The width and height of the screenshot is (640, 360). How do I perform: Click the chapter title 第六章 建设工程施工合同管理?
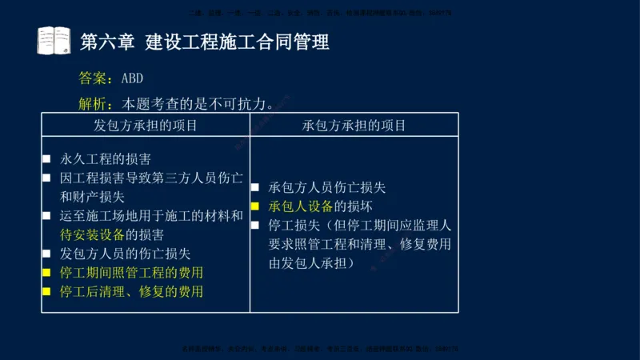[205, 42]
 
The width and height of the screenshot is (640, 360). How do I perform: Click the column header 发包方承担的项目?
[146, 126]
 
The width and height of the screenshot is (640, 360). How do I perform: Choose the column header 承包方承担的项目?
[354, 126]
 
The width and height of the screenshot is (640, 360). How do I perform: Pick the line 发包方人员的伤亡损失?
[125, 254]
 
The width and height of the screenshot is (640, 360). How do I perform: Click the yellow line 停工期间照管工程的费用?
[131, 273]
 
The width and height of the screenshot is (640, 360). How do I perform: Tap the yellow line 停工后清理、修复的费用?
[131, 291]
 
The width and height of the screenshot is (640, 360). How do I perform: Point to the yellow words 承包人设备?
[301, 206]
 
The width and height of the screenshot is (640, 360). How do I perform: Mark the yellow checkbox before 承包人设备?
[255, 206]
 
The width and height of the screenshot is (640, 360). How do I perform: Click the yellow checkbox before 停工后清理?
[47, 292]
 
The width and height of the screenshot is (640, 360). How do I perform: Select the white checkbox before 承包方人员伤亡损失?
[255, 188]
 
